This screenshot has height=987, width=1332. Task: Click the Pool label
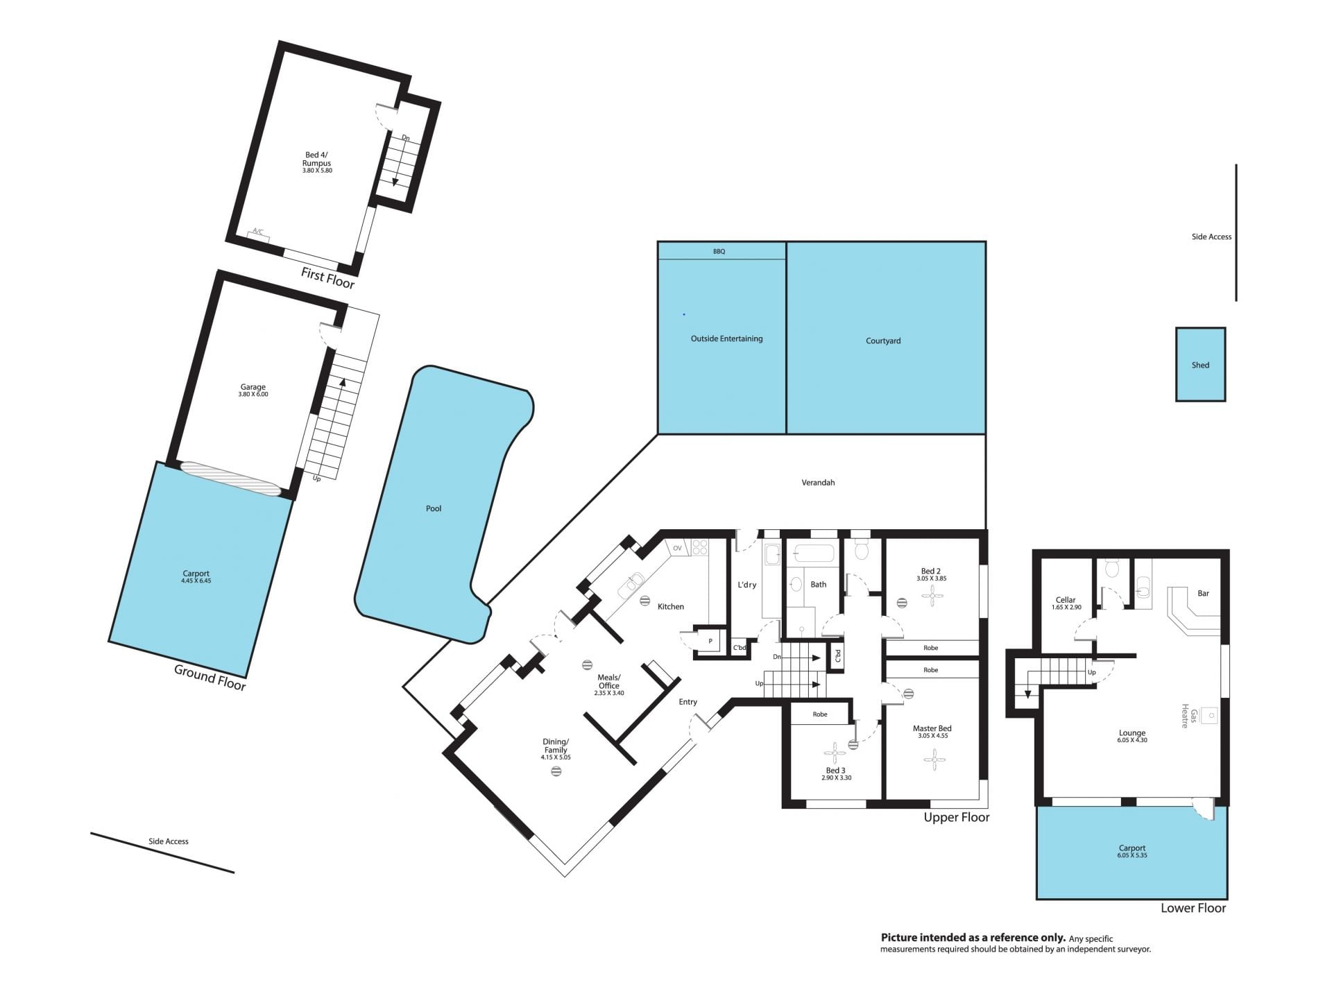(x=434, y=508)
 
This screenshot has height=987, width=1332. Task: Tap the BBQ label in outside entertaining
(x=719, y=251)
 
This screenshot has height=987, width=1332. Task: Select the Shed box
(x=1200, y=364)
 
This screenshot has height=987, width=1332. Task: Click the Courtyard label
(x=883, y=341)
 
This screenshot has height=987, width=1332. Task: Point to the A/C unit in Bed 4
(x=258, y=235)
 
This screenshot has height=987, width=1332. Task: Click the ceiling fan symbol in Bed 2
(x=933, y=594)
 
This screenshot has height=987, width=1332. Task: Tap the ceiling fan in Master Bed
(x=934, y=759)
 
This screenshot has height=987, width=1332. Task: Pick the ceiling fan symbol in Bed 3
(x=835, y=750)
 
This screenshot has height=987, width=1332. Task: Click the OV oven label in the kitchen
(x=677, y=548)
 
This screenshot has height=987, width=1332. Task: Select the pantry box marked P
(x=710, y=641)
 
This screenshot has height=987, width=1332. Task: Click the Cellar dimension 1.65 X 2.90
(x=1066, y=607)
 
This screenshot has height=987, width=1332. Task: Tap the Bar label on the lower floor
(x=1203, y=593)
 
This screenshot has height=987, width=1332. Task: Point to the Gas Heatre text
(x=1189, y=716)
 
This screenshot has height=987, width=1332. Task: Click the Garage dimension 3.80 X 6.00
(x=253, y=394)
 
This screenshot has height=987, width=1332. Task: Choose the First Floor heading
(x=327, y=277)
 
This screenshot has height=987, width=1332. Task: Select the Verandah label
(x=818, y=482)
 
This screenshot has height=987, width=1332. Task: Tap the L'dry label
(x=746, y=585)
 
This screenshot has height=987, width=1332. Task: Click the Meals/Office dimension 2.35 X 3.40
(x=609, y=693)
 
